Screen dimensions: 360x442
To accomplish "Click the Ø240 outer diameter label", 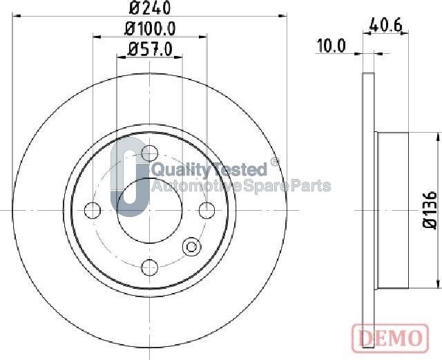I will point(150,8).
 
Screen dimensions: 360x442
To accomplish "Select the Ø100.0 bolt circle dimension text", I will point(150,28).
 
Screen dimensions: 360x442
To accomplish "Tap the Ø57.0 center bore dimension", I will point(150,48).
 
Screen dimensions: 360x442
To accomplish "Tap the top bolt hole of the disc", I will point(149,153).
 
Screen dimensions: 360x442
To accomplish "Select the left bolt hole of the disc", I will point(92,210).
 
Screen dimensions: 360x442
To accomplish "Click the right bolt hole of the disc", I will point(206,210).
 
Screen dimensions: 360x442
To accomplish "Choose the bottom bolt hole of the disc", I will point(149,267).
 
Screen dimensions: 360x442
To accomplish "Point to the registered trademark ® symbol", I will point(274,162).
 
